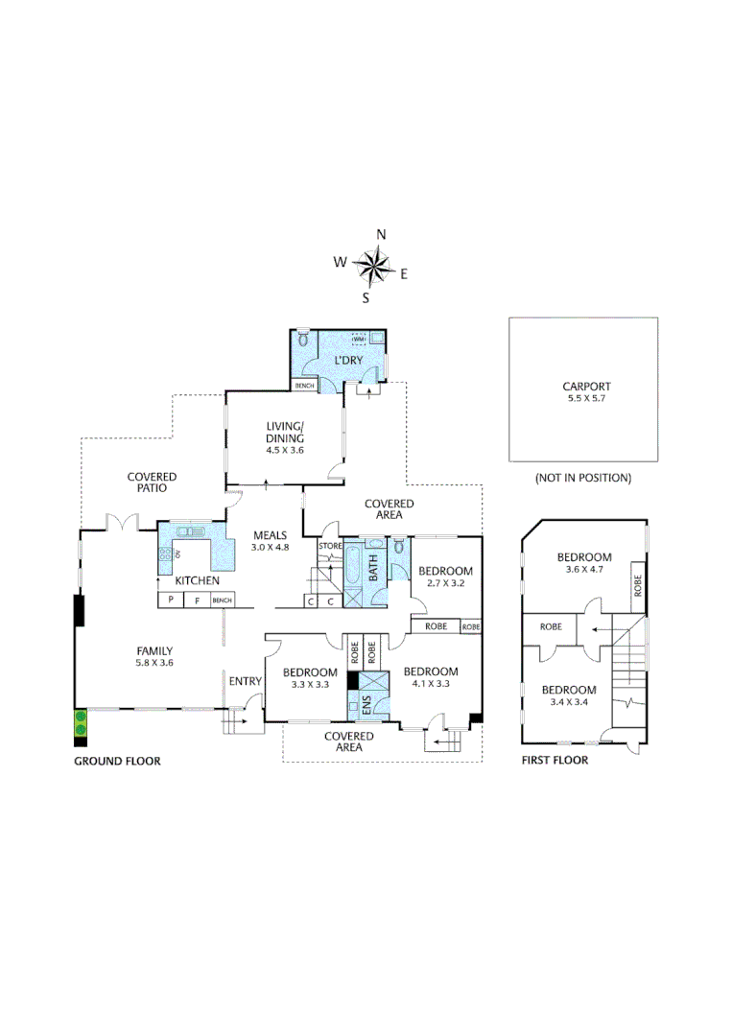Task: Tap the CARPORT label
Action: (x=586, y=387)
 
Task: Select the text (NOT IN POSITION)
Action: (x=582, y=477)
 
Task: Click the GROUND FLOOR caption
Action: (x=117, y=761)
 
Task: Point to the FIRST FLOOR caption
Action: (x=555, y=761)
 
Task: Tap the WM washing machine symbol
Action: (x=360, y=340)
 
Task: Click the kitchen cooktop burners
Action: (x=165, y=554)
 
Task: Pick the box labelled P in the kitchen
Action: (x=170, y=600)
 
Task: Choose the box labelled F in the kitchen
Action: (x=197, y=600)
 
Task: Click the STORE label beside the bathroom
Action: (x=330, y=547)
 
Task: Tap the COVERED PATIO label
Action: (x=152, y=482)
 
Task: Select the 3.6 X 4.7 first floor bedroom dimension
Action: (x=584, y=570)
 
